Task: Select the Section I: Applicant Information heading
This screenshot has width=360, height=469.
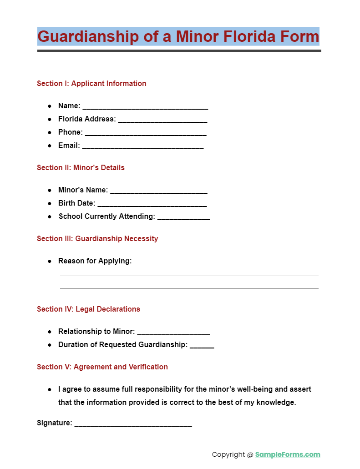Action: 91,84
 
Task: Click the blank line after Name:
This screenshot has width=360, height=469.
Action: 145,107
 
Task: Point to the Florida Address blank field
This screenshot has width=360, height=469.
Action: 162,120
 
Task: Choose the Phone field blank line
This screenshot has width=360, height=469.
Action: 146,133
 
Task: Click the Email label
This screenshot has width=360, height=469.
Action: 69,146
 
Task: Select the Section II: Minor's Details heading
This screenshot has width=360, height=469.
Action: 81,168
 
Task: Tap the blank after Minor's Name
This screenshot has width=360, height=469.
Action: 158,191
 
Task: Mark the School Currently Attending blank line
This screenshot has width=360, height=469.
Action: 183,217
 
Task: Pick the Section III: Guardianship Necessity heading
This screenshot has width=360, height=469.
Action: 97,239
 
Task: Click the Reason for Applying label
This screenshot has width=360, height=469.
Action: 95,261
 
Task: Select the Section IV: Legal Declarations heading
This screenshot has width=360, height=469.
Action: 88,309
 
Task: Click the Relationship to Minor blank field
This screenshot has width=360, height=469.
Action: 173,333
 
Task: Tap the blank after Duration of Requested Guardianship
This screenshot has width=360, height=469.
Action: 202,346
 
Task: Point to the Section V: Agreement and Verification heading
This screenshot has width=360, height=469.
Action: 102,367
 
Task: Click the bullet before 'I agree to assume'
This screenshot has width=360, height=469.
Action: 49,390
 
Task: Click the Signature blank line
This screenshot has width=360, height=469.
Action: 133,424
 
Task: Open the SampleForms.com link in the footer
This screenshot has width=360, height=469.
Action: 288,455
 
